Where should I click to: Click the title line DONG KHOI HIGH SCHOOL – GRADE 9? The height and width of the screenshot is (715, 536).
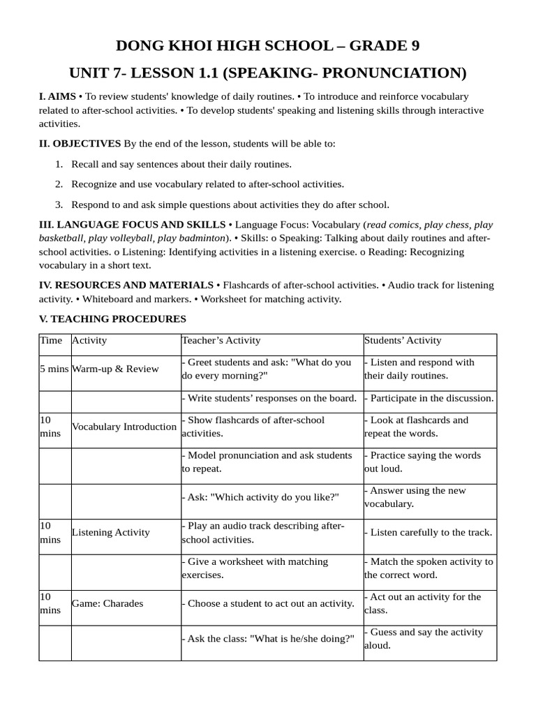pyautogui.click(x=267, y=46)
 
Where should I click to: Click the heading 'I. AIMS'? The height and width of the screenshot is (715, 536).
pyautogui.click(x=57, y=96)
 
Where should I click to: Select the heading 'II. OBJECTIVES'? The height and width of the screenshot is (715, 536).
pyautogui.click(x=80, y=144)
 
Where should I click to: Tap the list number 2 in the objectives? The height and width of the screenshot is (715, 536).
pyautogui.click(x=59, y=184)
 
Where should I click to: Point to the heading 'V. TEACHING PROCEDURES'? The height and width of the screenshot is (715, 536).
pyautogui.click(x=112, y=319)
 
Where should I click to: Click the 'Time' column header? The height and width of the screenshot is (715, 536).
pyautogui.click(x=50, y=341)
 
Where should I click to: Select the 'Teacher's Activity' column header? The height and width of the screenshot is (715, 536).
pyautogui.click(x=221, y=341)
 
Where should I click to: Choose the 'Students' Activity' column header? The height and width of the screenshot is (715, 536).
pyautogui.click(x=403, y=341)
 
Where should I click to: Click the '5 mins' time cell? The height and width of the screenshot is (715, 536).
pyautogui.click(x=54, y=369)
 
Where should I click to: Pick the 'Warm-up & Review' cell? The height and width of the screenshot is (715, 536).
pyautogui.click(x=115, y=369)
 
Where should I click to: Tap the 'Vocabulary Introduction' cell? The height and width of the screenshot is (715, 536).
pyautogui.click(x=124, y=427)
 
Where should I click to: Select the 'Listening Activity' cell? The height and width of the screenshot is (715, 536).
pyautogui.click(x=111, y=532)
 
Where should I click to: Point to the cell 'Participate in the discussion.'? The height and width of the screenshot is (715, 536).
pyautogui.click(x=429, y=398)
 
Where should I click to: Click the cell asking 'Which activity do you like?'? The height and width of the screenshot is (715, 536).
pyautogui.click(x=260, y=497)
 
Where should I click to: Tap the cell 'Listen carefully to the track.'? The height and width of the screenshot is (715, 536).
pyautogui.click(x=429, y=532)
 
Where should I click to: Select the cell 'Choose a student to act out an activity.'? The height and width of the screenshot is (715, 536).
pyautogui.click(x=268, y=603)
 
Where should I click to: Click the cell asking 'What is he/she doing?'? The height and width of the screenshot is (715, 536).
pyautogui.click(x=268, y=639)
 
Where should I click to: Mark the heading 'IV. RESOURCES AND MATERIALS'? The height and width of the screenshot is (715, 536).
pyautogui.click(x=126, y=286)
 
